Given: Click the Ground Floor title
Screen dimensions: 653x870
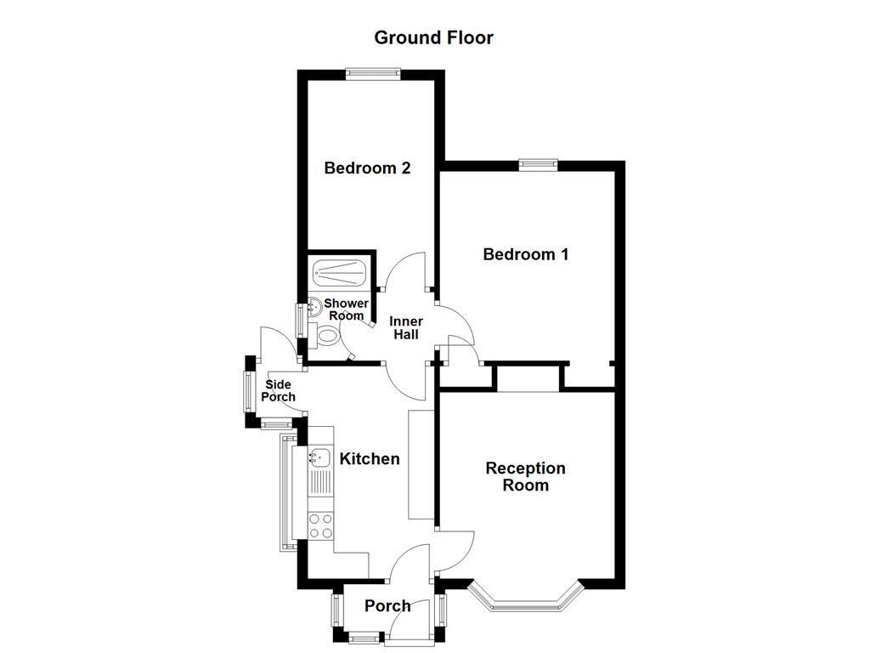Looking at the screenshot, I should pyautogui.click(x=433, y=37).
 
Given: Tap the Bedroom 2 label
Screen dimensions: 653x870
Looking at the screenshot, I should pyautogui.click(x=367, y=168).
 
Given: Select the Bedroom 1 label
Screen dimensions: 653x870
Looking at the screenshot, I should pyautogui.click(x=525, y=253).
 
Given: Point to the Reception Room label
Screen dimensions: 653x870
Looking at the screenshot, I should pyautogui.click(x=525, y=476).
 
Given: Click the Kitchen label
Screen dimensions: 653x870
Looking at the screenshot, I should pyautogui.click(x=370, y=458).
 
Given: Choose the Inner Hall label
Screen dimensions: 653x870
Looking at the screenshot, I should pyautogui.click(x=405, y=327).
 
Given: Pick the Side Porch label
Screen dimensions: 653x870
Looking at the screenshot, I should pyautogui.click(x=278, y=391).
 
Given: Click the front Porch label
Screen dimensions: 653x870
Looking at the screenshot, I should pyautogui.click(x=387, y=605).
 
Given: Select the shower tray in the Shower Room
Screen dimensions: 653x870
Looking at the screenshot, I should pyautogui.click(x=340, y=273).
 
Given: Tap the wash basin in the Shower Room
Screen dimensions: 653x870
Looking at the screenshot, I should pyautogui.click(x=314, y=307).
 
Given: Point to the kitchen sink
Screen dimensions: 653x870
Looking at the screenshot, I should pyautogui.click(x=319, y=457).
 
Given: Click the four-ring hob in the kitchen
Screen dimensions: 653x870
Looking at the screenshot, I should pyautogui.click(x=320, y=525).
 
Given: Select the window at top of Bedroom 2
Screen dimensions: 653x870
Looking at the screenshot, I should pyautogui.click(x=373, y=73).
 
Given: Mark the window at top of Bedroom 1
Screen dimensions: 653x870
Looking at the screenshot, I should pyautogui.click(x=539, y=165).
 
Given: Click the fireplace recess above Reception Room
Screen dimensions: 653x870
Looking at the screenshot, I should pyautogui.click(x=528, y=378).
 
